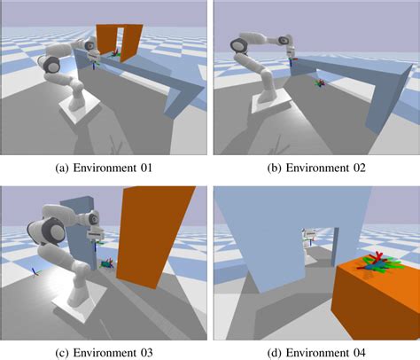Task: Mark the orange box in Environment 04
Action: [377, 297]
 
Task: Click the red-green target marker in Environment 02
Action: [321, 83]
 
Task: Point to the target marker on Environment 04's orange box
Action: [376, 262]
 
